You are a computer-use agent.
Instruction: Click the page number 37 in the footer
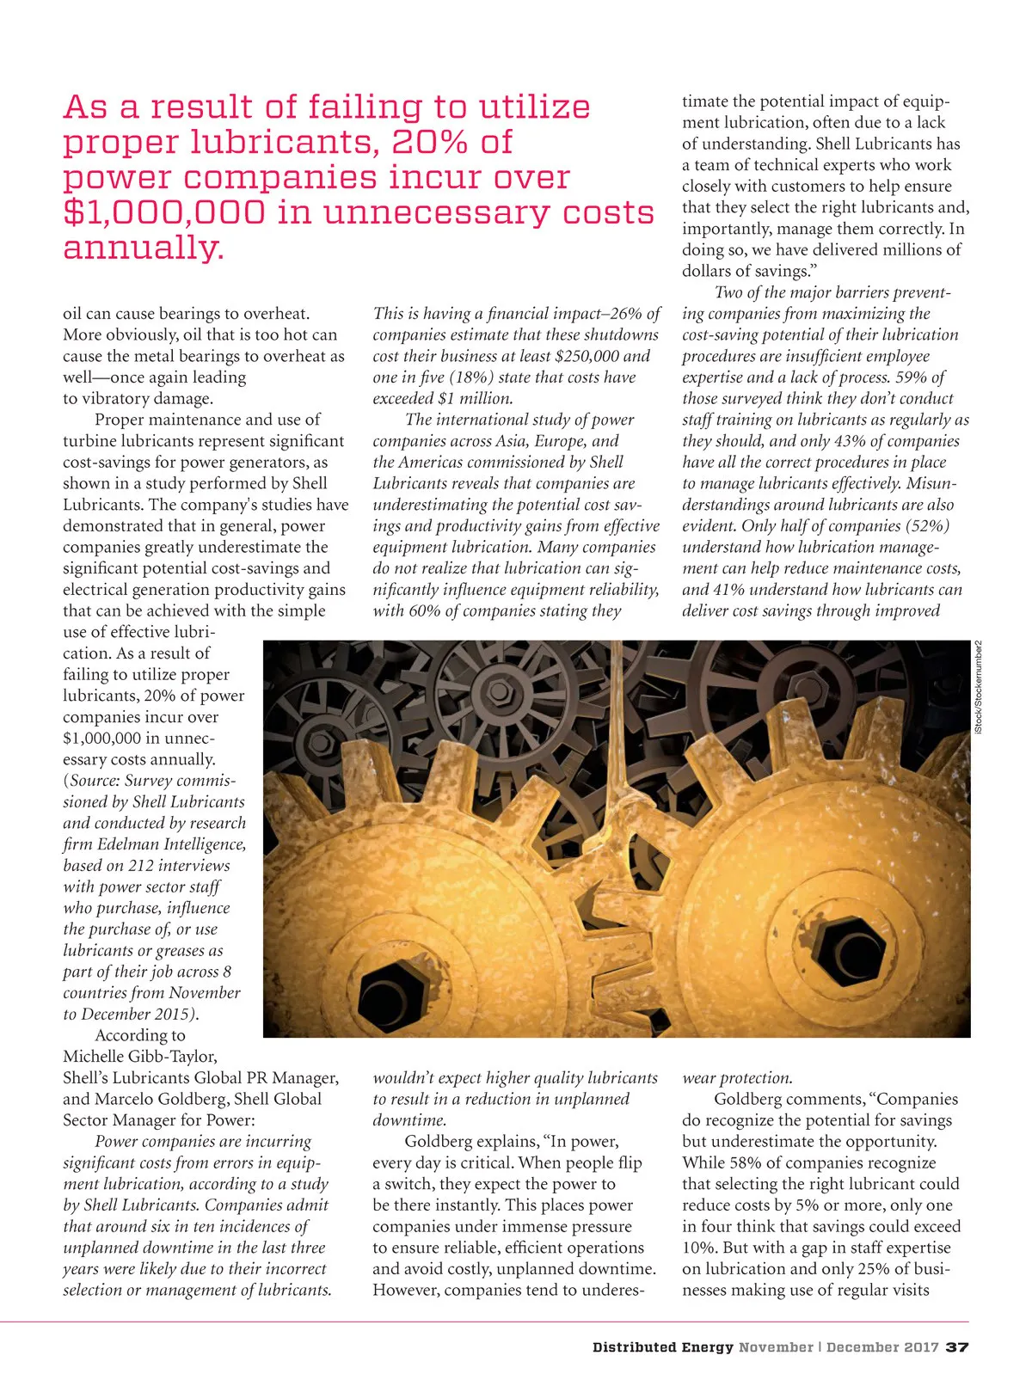(957, 1347)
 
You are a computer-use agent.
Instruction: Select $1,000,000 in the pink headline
(164, 212)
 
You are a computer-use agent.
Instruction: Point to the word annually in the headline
(143, 248)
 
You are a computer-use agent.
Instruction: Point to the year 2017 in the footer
(919, 1347)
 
